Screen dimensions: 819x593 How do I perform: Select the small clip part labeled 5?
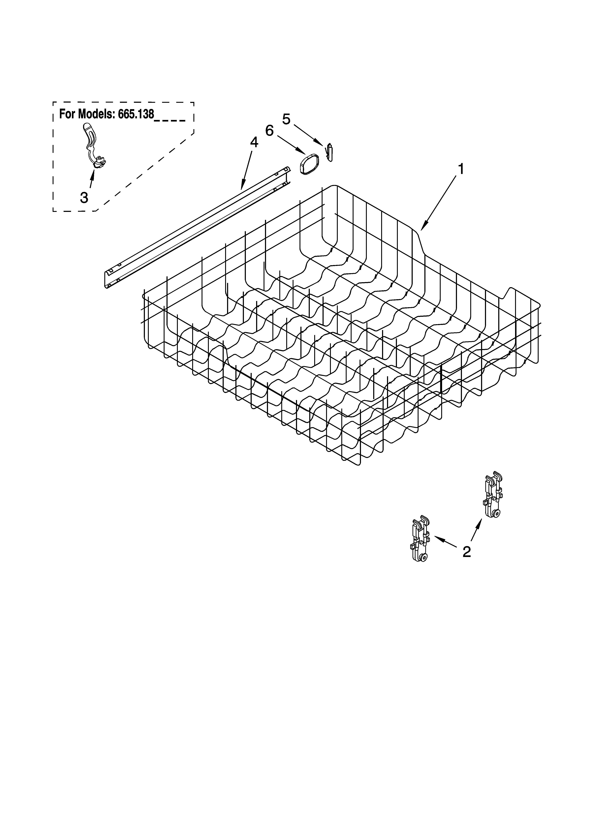[329, 152]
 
